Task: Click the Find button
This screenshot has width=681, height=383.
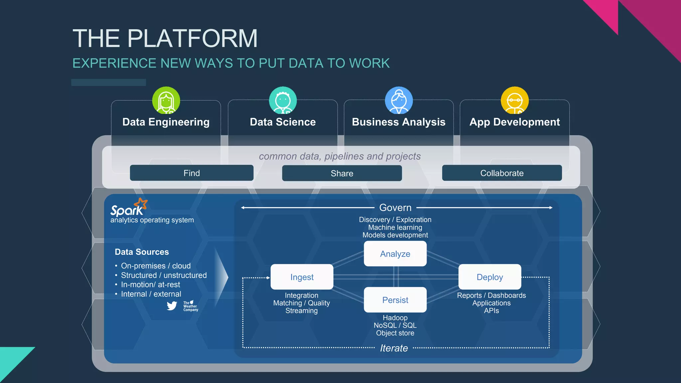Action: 192,173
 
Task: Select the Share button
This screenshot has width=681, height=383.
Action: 342,173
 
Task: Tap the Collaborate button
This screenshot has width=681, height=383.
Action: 502,173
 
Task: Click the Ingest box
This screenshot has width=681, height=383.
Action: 302,277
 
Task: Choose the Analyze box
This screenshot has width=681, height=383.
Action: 395,254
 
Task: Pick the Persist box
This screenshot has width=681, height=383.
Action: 395,300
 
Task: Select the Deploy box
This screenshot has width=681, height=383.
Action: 489,277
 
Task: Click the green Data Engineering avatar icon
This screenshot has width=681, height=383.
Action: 166,100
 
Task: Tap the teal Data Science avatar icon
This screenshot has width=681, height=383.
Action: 283,100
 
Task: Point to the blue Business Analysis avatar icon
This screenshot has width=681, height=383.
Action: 399,100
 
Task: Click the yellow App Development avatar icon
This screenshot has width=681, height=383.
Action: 514,100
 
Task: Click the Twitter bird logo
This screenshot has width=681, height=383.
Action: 172,306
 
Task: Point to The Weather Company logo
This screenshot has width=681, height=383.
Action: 190,306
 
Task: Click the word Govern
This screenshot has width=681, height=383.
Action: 395,208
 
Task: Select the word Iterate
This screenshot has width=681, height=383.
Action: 394,348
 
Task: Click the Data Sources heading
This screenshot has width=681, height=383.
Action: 142,252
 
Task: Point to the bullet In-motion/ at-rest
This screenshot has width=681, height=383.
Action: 150,285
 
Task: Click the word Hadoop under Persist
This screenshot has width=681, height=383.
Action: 395,318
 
